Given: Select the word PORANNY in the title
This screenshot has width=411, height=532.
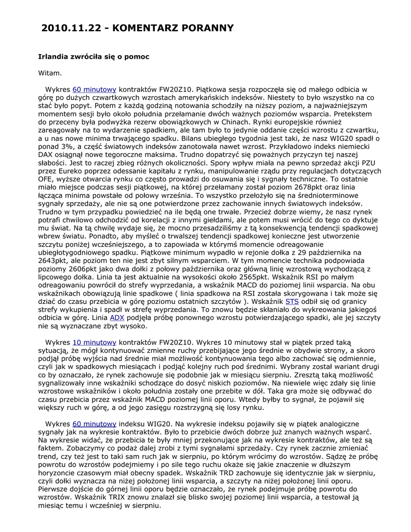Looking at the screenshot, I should [x=207, y=28].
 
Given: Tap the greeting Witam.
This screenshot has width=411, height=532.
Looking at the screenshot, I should [x=50, y=73].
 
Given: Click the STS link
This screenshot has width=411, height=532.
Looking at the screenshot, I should [x=292, y=301].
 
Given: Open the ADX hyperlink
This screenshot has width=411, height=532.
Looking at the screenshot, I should [x=117, y=317].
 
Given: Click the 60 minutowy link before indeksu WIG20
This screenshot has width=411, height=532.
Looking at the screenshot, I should [x=94, y=424].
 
